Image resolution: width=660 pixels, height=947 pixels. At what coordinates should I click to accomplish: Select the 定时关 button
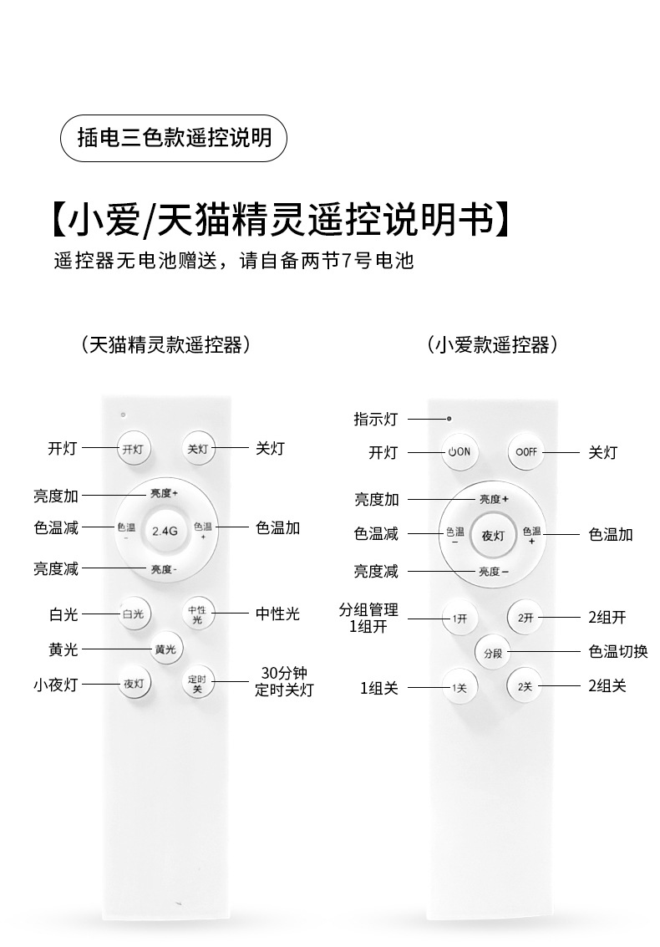click(x=198, y=684)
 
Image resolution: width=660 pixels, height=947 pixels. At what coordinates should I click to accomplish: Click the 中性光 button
click(x=198, y=614)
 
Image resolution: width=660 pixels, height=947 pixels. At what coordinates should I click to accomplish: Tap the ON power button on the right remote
click(x=459, y=451)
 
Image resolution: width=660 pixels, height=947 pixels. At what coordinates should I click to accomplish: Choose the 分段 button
click(x=492, y=653)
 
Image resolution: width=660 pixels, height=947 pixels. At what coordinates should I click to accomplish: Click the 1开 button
click(x=459, y=619)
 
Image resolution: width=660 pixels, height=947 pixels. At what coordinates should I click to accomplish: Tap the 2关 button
click(x=525, y=687)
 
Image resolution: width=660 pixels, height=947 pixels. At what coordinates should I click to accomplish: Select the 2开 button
click(x=525, y=619)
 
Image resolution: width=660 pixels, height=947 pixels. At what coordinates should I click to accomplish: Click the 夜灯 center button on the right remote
click(x=493, y=536)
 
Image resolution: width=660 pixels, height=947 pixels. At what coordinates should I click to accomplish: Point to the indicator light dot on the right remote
click(x=449, y=417)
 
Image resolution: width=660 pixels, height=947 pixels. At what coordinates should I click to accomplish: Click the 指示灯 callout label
click(x=375, y=419)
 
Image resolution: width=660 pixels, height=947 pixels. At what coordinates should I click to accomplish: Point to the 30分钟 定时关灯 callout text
click(x=284, y=682)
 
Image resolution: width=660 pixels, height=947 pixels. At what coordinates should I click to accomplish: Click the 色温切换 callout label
click(x=618, y=652)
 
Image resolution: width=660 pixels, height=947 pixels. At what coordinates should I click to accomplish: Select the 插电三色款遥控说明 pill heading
click(x=174, y=138)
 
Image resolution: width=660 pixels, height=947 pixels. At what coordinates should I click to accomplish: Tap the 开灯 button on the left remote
click(x=134, y=449)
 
